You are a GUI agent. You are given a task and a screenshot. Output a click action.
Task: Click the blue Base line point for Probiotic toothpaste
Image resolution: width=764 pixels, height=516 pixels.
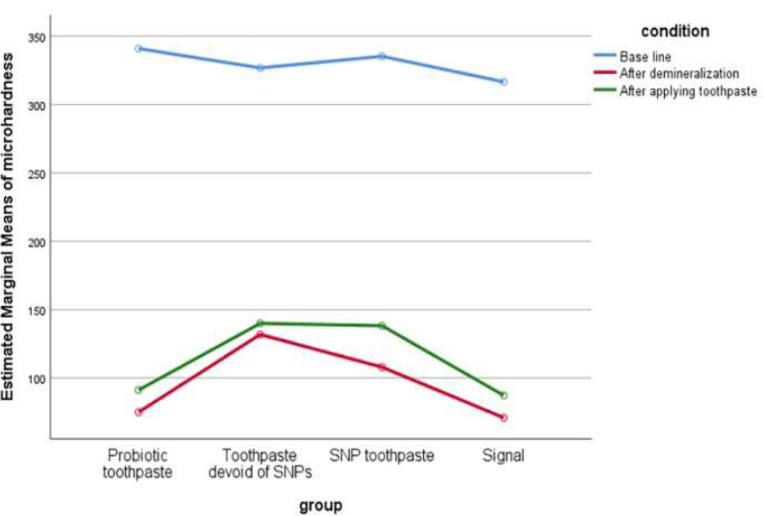(x=139, y=49)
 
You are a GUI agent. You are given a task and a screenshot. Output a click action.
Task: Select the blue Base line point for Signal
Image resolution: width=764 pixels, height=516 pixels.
(x=503, y=81)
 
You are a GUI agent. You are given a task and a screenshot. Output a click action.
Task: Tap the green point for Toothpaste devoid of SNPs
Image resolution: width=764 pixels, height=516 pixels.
(x=260, y=323)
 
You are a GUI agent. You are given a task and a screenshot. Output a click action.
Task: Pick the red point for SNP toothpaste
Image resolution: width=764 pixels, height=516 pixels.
(x=382, y=367)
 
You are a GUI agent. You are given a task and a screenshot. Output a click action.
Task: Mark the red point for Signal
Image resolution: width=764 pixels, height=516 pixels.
(x=503, y=418)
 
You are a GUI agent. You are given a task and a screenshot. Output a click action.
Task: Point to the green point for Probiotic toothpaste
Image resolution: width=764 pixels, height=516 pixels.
(x=139, y=390)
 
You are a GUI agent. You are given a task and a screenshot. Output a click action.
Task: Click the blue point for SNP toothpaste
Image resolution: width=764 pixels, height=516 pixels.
(x=382, y=56)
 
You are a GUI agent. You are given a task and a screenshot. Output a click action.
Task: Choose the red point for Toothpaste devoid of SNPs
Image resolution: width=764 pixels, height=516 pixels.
(x=260, y=334)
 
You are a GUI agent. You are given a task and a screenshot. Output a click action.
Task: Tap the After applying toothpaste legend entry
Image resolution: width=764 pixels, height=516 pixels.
(x=687, y=90)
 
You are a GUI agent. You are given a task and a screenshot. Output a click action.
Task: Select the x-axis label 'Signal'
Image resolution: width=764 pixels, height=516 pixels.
(x=503, y=456)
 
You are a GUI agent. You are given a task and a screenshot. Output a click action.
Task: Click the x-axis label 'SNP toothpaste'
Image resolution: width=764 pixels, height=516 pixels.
(x=382, y=456)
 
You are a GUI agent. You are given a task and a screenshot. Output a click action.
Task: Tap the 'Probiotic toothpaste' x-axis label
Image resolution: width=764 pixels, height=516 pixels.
(x=139, y=464)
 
